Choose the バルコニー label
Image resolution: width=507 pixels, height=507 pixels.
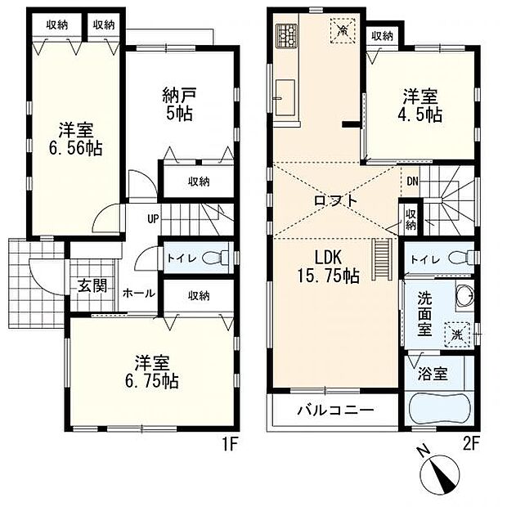335,410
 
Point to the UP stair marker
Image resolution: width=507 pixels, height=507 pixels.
154,218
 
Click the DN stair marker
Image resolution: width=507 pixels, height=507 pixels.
411,182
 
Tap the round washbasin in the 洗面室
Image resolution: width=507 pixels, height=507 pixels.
463,297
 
